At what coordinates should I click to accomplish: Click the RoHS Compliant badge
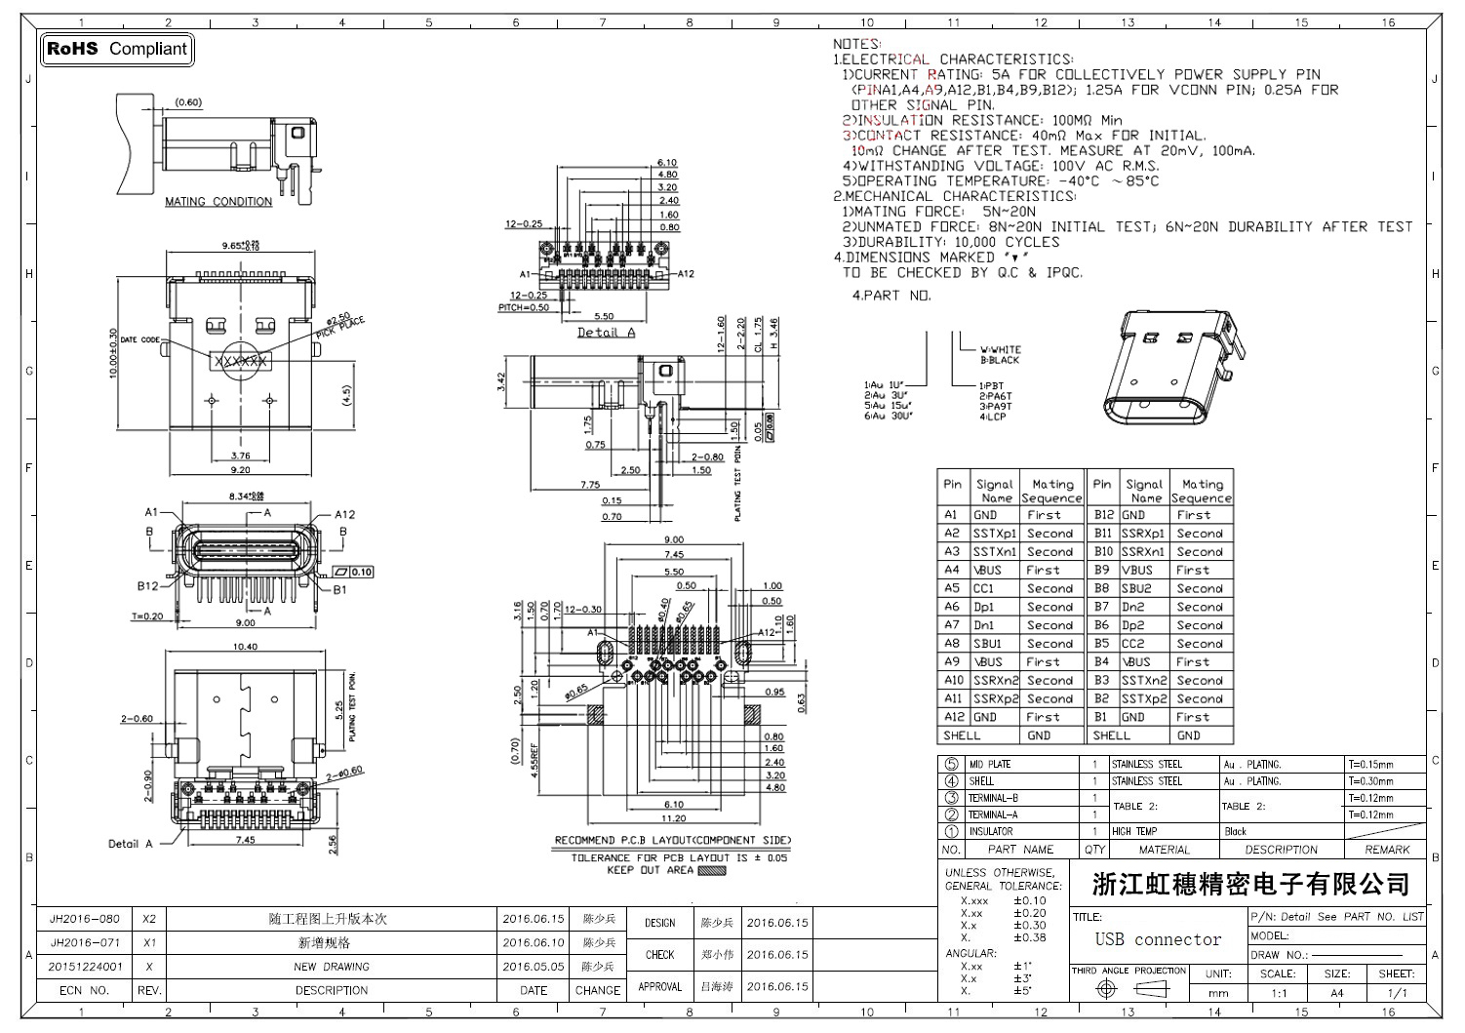tap(117, 49)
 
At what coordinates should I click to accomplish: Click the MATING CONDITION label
tap(218, 202)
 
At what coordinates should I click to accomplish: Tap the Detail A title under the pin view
tap(606, 333)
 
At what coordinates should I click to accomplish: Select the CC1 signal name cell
tap(983, 588)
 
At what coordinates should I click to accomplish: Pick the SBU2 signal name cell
tap(1136, 588)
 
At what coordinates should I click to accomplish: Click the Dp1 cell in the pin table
tap(983, 607)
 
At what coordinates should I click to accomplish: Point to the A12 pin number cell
tap(953, 717)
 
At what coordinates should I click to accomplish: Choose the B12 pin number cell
tap(1103, 514)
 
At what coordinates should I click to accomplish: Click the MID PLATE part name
tap(989, 765)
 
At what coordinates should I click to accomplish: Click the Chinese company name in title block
tap(1251, 885)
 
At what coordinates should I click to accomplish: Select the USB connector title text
tap(1158, 939)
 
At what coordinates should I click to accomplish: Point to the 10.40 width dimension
tap(245, 647)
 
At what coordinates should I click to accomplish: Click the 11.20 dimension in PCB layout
tap(673, 818)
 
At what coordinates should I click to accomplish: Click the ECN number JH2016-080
tap(84, 919)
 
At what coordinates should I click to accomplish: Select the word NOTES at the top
tap(855, 44)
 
